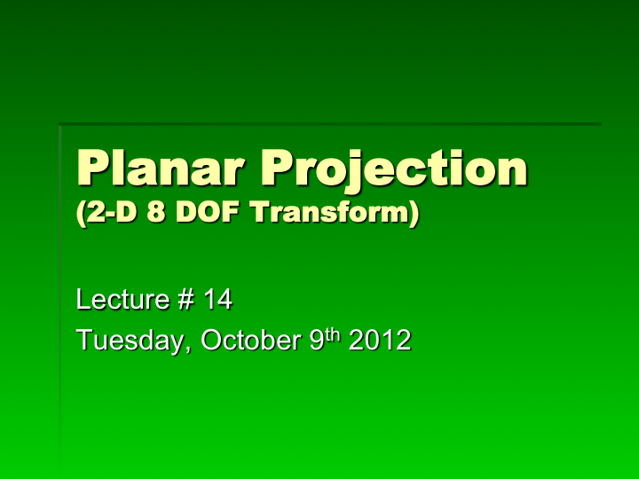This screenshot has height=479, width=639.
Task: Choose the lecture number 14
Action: [x=217, y=301]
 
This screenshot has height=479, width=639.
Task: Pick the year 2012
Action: [x=379, y=340]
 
